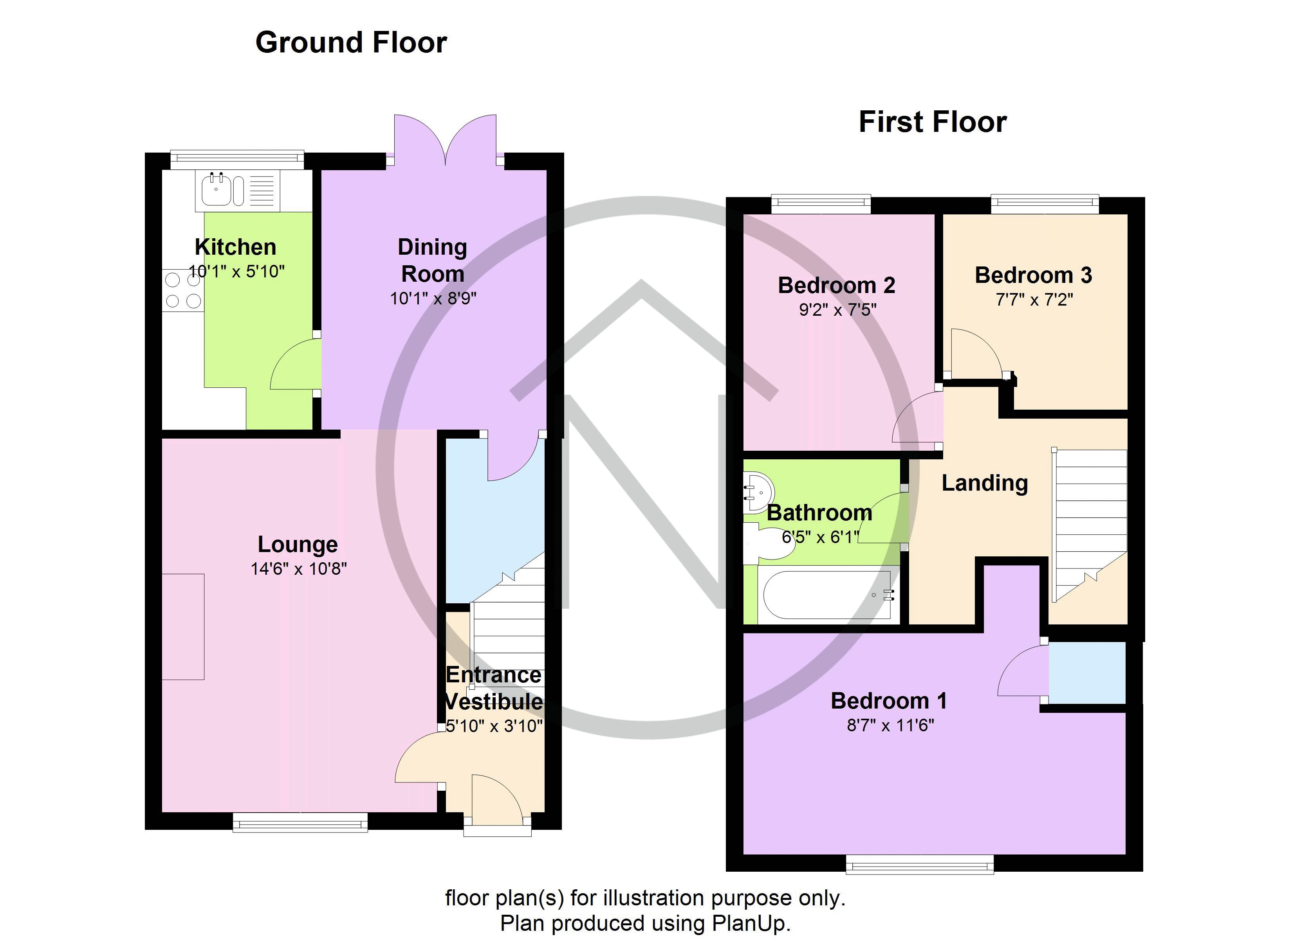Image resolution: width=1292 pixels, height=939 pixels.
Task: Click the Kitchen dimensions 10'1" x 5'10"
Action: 236,272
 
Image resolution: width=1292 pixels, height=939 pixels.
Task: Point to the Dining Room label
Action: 432,260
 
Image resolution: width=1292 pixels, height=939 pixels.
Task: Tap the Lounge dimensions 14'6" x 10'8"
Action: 298,568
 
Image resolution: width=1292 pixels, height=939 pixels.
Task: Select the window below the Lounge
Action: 300,822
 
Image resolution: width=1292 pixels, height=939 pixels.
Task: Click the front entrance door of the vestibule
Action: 497,803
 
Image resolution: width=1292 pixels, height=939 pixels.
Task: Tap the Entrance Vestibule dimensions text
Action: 494,726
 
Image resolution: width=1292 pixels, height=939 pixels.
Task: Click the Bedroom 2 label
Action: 836,285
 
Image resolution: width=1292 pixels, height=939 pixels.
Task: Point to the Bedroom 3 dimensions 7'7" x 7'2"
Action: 1034,300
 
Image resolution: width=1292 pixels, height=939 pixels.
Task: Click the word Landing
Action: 984,483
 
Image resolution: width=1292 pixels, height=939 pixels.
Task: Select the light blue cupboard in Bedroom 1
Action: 1087,673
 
